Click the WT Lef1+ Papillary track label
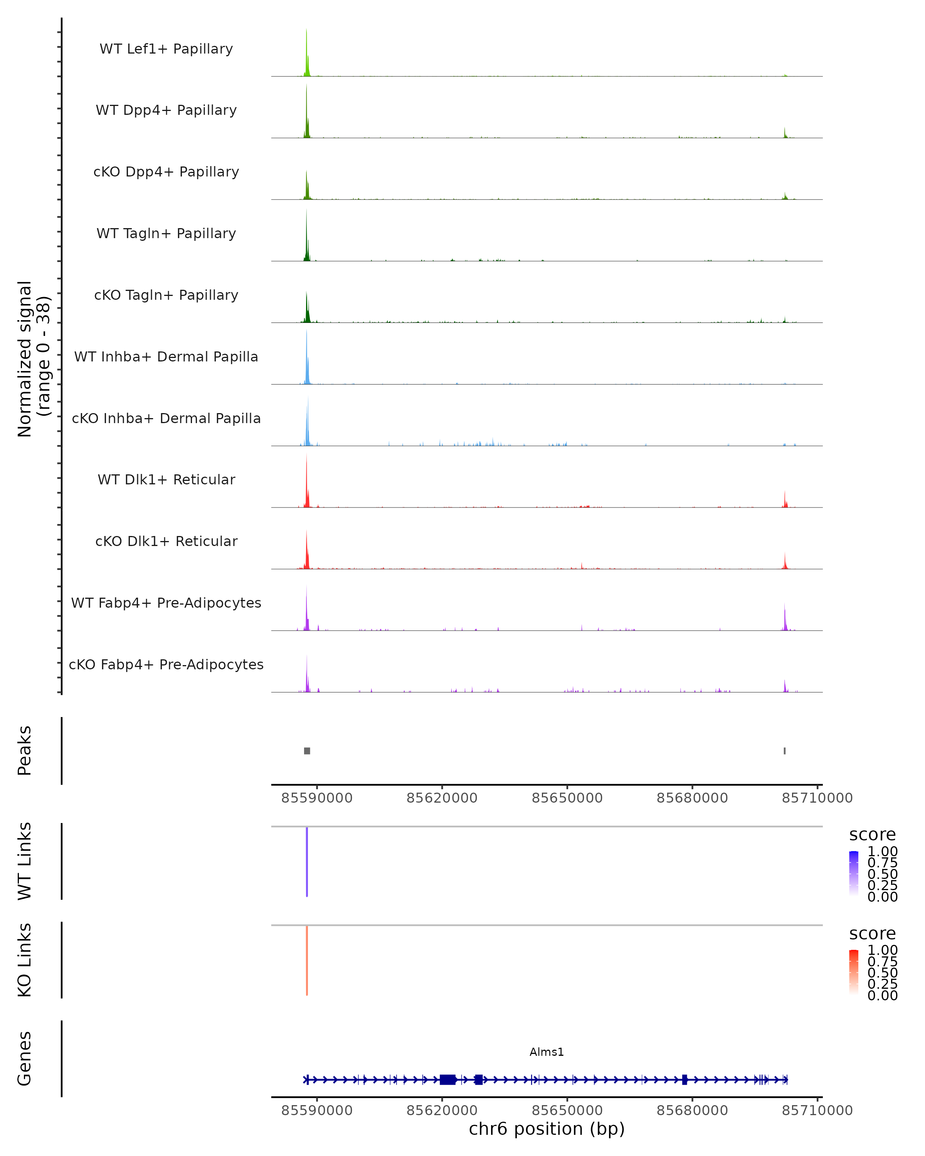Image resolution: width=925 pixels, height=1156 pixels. click(166, 49)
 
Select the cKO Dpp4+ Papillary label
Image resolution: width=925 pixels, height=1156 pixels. click(166, 171)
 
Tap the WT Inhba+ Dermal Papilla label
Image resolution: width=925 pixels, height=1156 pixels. click(166, 356)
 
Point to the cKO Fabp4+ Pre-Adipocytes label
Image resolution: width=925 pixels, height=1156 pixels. click(166, 664)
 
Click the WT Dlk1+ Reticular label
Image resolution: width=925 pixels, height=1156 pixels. click(166, 479)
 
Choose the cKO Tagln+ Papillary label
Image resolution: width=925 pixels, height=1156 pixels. click(166, 295)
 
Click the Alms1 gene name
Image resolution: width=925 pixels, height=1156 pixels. click(547, 1052)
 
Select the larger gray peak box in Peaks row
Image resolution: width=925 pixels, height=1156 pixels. click(307, 751)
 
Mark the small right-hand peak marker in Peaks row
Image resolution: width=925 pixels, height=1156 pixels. click(784, 751)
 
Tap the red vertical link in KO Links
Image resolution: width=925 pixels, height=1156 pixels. click(307, 960)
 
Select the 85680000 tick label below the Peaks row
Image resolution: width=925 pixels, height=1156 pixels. click(692, 798)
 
